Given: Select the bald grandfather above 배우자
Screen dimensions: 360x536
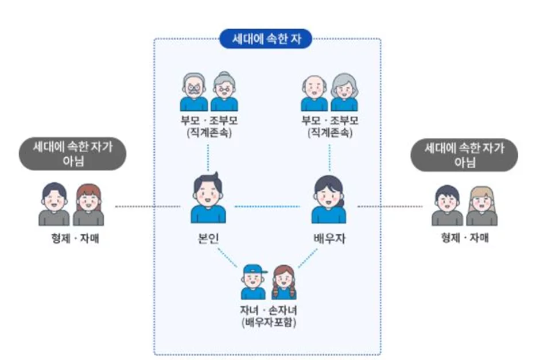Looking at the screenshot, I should click(x=314, y=92).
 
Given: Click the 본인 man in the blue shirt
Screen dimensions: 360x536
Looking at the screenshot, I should click(x=208, y=199).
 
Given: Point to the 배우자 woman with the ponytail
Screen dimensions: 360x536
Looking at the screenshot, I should click(x=329, y=199).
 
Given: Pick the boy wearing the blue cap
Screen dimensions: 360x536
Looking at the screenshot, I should click(x=253, y=282).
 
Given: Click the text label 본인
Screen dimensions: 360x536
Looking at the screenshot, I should click(x=208, y=238).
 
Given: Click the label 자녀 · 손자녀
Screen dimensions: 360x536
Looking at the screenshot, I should click(x=268, y=310).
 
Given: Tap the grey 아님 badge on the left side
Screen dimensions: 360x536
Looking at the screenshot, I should click(x=72, y=154).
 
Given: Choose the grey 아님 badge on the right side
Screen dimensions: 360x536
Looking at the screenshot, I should click(x=465, y=154).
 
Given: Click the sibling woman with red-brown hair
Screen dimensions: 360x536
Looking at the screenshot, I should click(x=88, y=204).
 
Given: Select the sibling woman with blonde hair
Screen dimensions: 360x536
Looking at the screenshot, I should click(x=481, y=204).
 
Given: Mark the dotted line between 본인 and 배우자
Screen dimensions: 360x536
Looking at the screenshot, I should click(x=268, y=206).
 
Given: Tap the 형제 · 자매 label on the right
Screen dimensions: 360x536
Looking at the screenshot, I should click(x=465, y=238).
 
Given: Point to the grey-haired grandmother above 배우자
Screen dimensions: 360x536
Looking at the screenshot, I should click(x=344, y=92).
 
